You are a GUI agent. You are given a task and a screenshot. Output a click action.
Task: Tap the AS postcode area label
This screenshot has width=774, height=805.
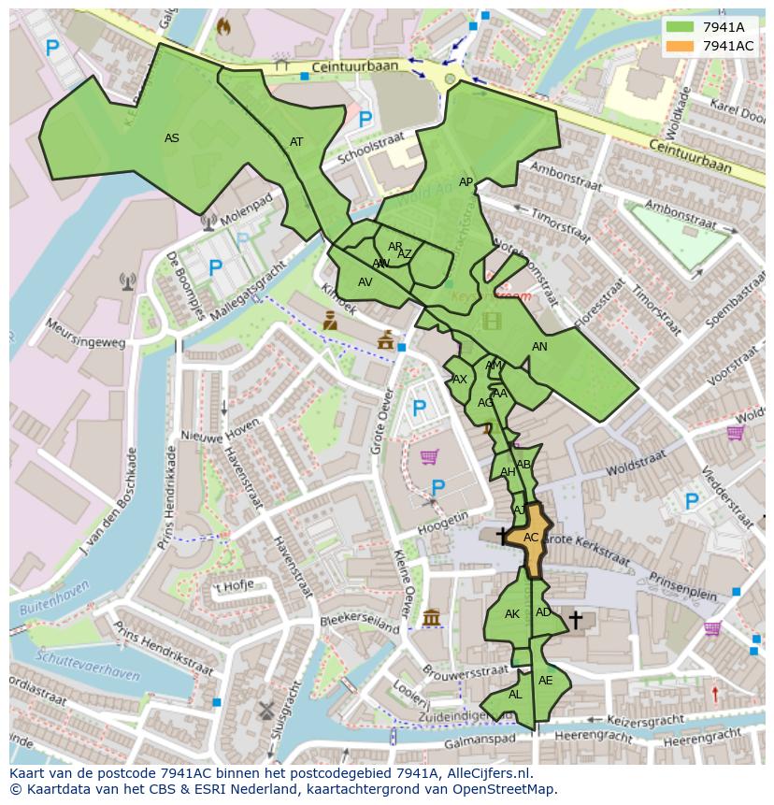pyautogui.click(x=172, y=138)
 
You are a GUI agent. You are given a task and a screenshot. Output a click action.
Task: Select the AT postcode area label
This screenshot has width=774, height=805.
pyautogui.click(x=296, y=142)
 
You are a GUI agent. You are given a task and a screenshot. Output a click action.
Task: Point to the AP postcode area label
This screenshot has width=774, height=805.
pyautogui.click(x=466, y=182)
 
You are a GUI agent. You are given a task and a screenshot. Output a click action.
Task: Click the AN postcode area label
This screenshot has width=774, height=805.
pyautogui.click(x=539, y=347)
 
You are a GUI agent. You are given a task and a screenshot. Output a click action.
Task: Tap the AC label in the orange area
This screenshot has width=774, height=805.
pyautogui.click(x=531, y=538)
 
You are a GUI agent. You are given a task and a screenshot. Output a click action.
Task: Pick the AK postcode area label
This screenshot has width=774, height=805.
pyautogui.click(x=512, y=614)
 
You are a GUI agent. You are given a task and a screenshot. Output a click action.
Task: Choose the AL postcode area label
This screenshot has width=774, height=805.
pyautogui.click(x=515, y=695)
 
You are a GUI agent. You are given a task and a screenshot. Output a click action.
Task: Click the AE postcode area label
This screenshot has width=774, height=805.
pyautogui.click(x=546, y=681)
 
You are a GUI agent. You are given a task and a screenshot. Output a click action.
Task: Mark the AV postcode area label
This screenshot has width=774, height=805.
pyautogui.click(x=365, y=282)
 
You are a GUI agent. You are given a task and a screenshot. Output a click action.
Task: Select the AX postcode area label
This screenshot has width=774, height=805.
pyautogui.click(x=459, y=380)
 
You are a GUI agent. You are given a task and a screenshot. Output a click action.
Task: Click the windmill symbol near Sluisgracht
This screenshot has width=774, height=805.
pyautogui.click(x=265, y=710)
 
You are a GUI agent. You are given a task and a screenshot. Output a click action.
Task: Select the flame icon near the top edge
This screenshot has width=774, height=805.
pyautogui.click(x=223, y=27)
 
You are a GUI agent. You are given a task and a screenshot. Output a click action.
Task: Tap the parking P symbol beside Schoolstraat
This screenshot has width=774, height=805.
pyautogui.click(x=365, y=120)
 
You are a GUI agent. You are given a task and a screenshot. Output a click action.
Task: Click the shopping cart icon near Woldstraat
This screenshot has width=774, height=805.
pyautogui.click(x=736, y=432)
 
